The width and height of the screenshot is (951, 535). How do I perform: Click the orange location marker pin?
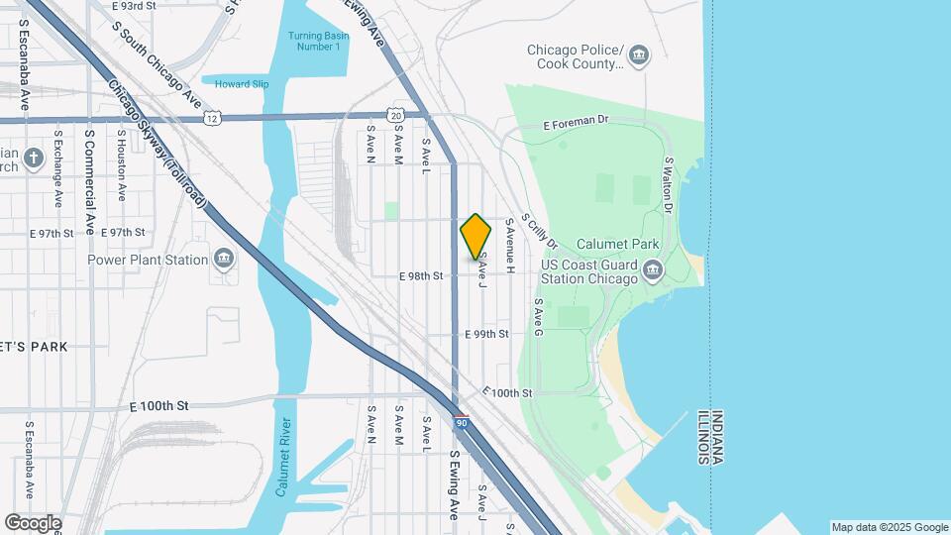coord(475,236)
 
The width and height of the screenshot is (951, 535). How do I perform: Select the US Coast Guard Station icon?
coord(653,269)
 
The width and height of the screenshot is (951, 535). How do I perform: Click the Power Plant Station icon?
coord(223,260)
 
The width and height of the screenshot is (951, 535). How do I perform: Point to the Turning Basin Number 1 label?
coord(314,42)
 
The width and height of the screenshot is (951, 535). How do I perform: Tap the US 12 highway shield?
coord(212,118)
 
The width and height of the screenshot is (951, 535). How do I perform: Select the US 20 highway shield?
coord(396,115)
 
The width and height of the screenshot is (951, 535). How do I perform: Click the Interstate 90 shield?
coord(462,422)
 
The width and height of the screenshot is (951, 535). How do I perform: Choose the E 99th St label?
coord(486,335)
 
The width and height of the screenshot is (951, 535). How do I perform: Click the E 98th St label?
coord(421,276)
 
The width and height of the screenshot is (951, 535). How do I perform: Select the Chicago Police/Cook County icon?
coord(639,53)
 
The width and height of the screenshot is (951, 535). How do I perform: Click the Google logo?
coord(33,522)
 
